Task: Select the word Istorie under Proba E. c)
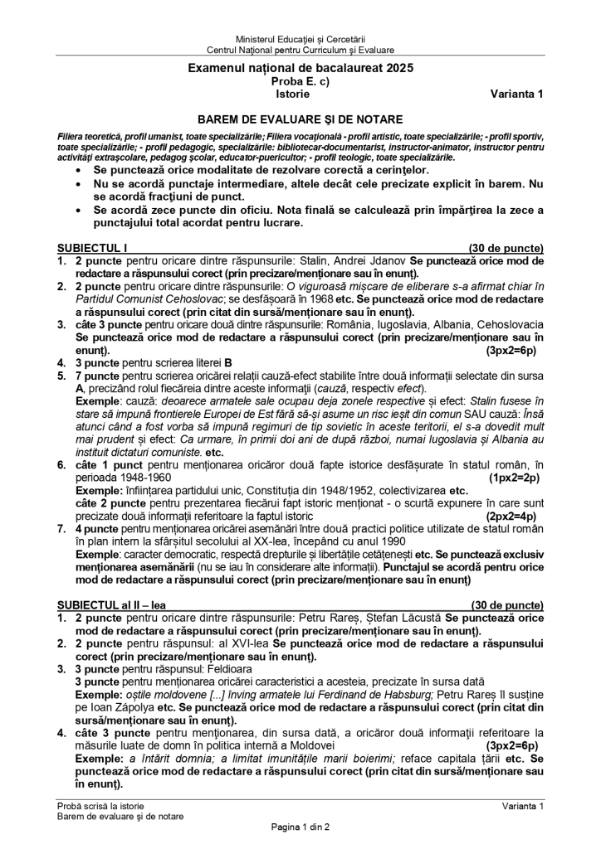(300, 94)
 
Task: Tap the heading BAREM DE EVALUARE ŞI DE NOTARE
(300, 119)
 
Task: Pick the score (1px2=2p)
(515, 478)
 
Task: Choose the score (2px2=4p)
(515, 514)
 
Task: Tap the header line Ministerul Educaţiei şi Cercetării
(300, 39)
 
